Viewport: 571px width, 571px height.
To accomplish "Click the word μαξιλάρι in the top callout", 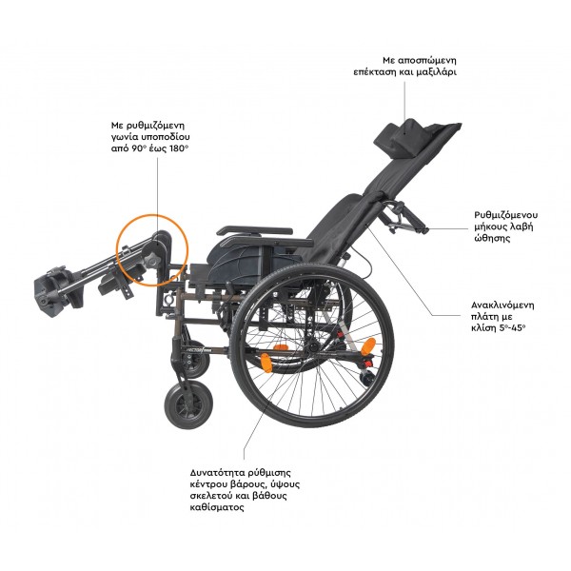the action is [x=436, y=72].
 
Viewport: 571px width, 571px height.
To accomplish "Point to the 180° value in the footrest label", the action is [x=179, y=148].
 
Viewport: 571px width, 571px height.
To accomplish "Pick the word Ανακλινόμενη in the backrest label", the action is [x=502, y=305].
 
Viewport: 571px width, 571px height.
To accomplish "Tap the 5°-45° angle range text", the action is [x=512, y=327].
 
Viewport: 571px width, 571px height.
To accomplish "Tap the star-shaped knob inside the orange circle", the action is [x=150, y=259].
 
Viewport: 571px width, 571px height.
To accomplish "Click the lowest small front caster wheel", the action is [x=188, y=404].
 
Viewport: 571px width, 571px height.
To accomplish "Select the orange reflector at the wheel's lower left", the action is [x=266, y=363].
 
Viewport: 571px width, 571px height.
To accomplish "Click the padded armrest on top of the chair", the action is [x=254, y=231].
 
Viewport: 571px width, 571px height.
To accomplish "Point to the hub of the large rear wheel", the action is [x=312, y=347].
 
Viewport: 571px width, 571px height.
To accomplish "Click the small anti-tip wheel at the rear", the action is [x=367, y=378].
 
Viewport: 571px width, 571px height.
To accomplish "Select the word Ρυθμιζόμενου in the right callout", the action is [x=506, y=215].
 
